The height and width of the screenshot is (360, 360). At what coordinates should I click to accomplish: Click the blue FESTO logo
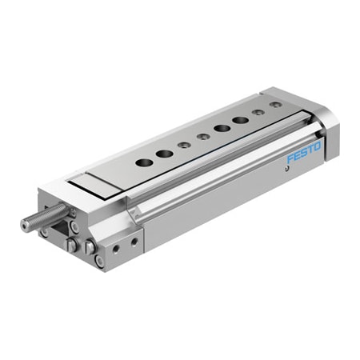click(303, 151)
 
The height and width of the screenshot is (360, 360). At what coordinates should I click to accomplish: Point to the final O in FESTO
click(317, 145)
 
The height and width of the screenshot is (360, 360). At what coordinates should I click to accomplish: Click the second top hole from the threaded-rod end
click(164, 154)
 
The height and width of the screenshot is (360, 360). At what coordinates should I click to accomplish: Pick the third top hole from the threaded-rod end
click(184, 145)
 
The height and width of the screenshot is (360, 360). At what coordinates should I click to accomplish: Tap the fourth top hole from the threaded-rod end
click(202, 137)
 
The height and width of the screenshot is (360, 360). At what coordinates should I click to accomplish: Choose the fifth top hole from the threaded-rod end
click(221, 129)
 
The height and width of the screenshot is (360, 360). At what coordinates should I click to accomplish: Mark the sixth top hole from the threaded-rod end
click(240, 121)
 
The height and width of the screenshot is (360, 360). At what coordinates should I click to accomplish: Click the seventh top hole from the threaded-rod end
click(258, 113)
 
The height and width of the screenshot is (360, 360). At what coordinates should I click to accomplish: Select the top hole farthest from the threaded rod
click(275, 105)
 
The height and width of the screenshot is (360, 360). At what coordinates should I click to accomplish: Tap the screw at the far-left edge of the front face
click(42, 232)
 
